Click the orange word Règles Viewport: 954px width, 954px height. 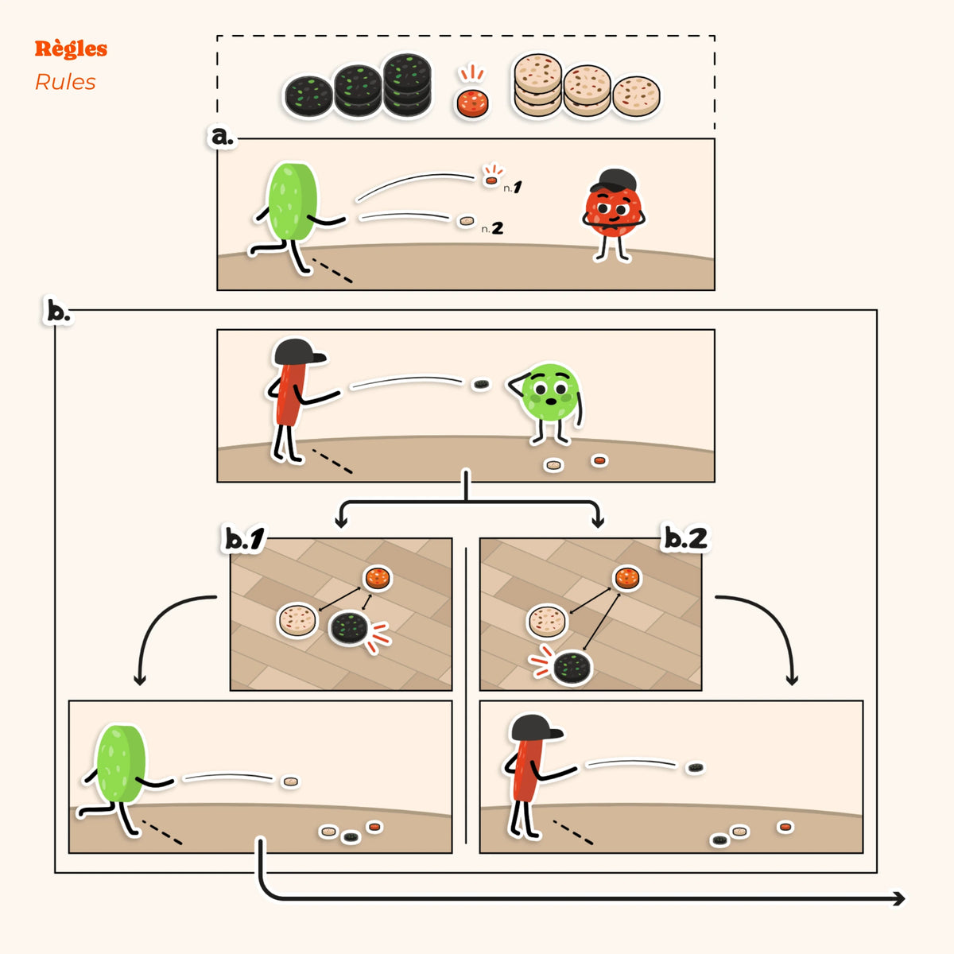click(71, 49)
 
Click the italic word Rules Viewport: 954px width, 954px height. click(65, 82)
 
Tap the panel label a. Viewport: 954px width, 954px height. click(222, 136)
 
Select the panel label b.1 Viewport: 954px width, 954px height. click(244, 539)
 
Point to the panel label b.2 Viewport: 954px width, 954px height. click(685, 538)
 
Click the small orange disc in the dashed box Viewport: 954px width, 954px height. click(472, 103)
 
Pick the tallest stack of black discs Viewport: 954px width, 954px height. click(408, 84)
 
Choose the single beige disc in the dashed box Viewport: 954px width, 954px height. click(636, 96)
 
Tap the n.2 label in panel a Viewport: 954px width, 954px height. click(492, 227)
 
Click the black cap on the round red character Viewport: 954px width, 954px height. click(614, 180)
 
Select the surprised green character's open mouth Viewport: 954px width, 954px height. click(551, 401)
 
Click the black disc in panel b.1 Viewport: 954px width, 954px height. click(349, 628)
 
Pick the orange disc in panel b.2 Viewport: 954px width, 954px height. click(627, 578)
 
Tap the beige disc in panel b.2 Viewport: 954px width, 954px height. click(546, 621)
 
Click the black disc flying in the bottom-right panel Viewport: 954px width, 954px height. click(696, 768)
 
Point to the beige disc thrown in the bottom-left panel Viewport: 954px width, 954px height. click(291, 781)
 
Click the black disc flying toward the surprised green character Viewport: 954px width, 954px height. click(481, 384)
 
